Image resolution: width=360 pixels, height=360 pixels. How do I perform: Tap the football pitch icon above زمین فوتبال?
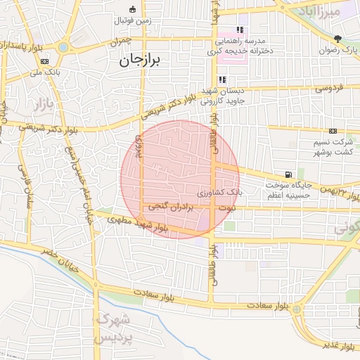(133, 9)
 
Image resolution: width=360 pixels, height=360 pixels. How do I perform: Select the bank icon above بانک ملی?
(44, 62)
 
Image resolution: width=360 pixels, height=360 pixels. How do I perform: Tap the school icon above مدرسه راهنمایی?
(240, 30)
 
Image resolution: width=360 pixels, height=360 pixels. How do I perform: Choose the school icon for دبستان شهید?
(223, 79)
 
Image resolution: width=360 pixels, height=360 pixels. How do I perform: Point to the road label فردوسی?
(329, 89)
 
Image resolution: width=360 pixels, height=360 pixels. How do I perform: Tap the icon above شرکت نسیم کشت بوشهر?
(333, 131)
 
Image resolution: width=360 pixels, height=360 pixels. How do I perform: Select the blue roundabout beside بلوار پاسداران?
(64, 48)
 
